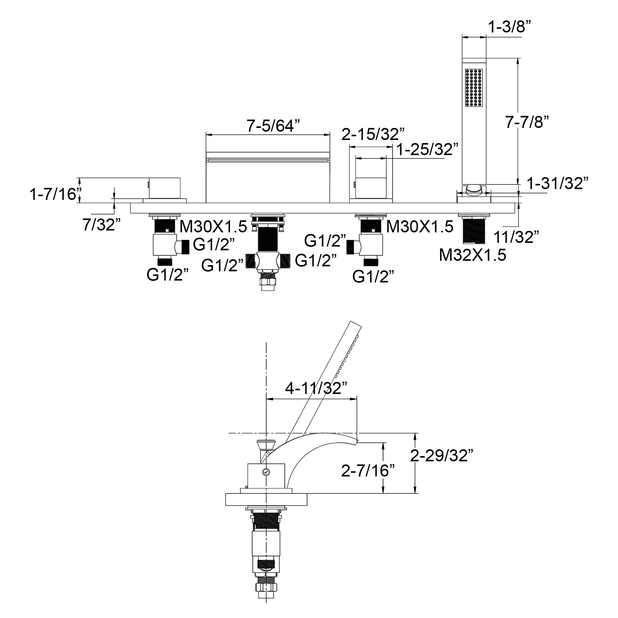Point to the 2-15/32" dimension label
[373, 134]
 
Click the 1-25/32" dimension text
[427, 149]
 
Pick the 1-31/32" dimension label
[557, 183]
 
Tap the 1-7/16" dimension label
[55, 194]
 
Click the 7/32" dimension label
[101, 225]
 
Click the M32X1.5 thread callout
[472, 255]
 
